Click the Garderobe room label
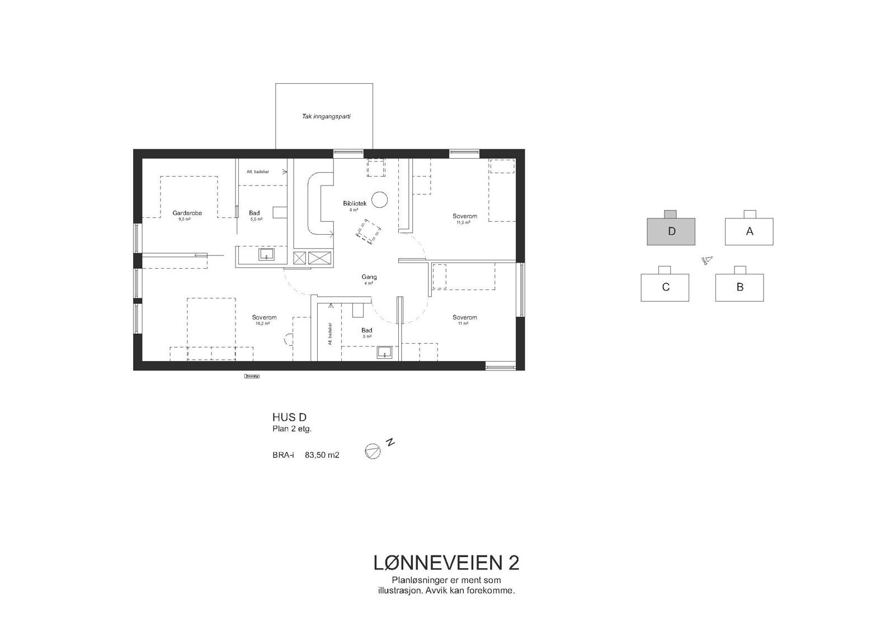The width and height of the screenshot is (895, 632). [x=187, y=213]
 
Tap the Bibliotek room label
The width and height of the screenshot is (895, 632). [x=355, y=204]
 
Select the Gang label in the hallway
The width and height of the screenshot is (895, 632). [x=369, y=277]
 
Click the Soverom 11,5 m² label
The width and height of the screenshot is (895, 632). [x=464, y=216]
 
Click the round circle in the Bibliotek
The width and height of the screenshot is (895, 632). [x=380, y=199]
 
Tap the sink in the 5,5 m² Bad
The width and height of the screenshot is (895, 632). [x=266, y=255]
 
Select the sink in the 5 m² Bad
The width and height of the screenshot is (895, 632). [x=384, y=353]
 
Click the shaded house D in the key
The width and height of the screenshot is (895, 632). [x=671, y=231]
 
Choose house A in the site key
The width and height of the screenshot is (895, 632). [x=749, y=231]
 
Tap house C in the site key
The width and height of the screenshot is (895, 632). [x=665, y=288]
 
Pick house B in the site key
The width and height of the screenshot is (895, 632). [x=739, y=287]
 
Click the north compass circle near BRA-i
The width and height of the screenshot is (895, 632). [x=373, y=452]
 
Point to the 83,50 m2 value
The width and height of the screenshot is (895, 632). [x=322, y=455]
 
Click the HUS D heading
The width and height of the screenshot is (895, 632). [x=289, y=417]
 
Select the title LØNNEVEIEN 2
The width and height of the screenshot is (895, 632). [x=446, y=563]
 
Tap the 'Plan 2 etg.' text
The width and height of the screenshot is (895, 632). [x=291, y=429]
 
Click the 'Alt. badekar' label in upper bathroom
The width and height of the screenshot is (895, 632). [x=257, y=172]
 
